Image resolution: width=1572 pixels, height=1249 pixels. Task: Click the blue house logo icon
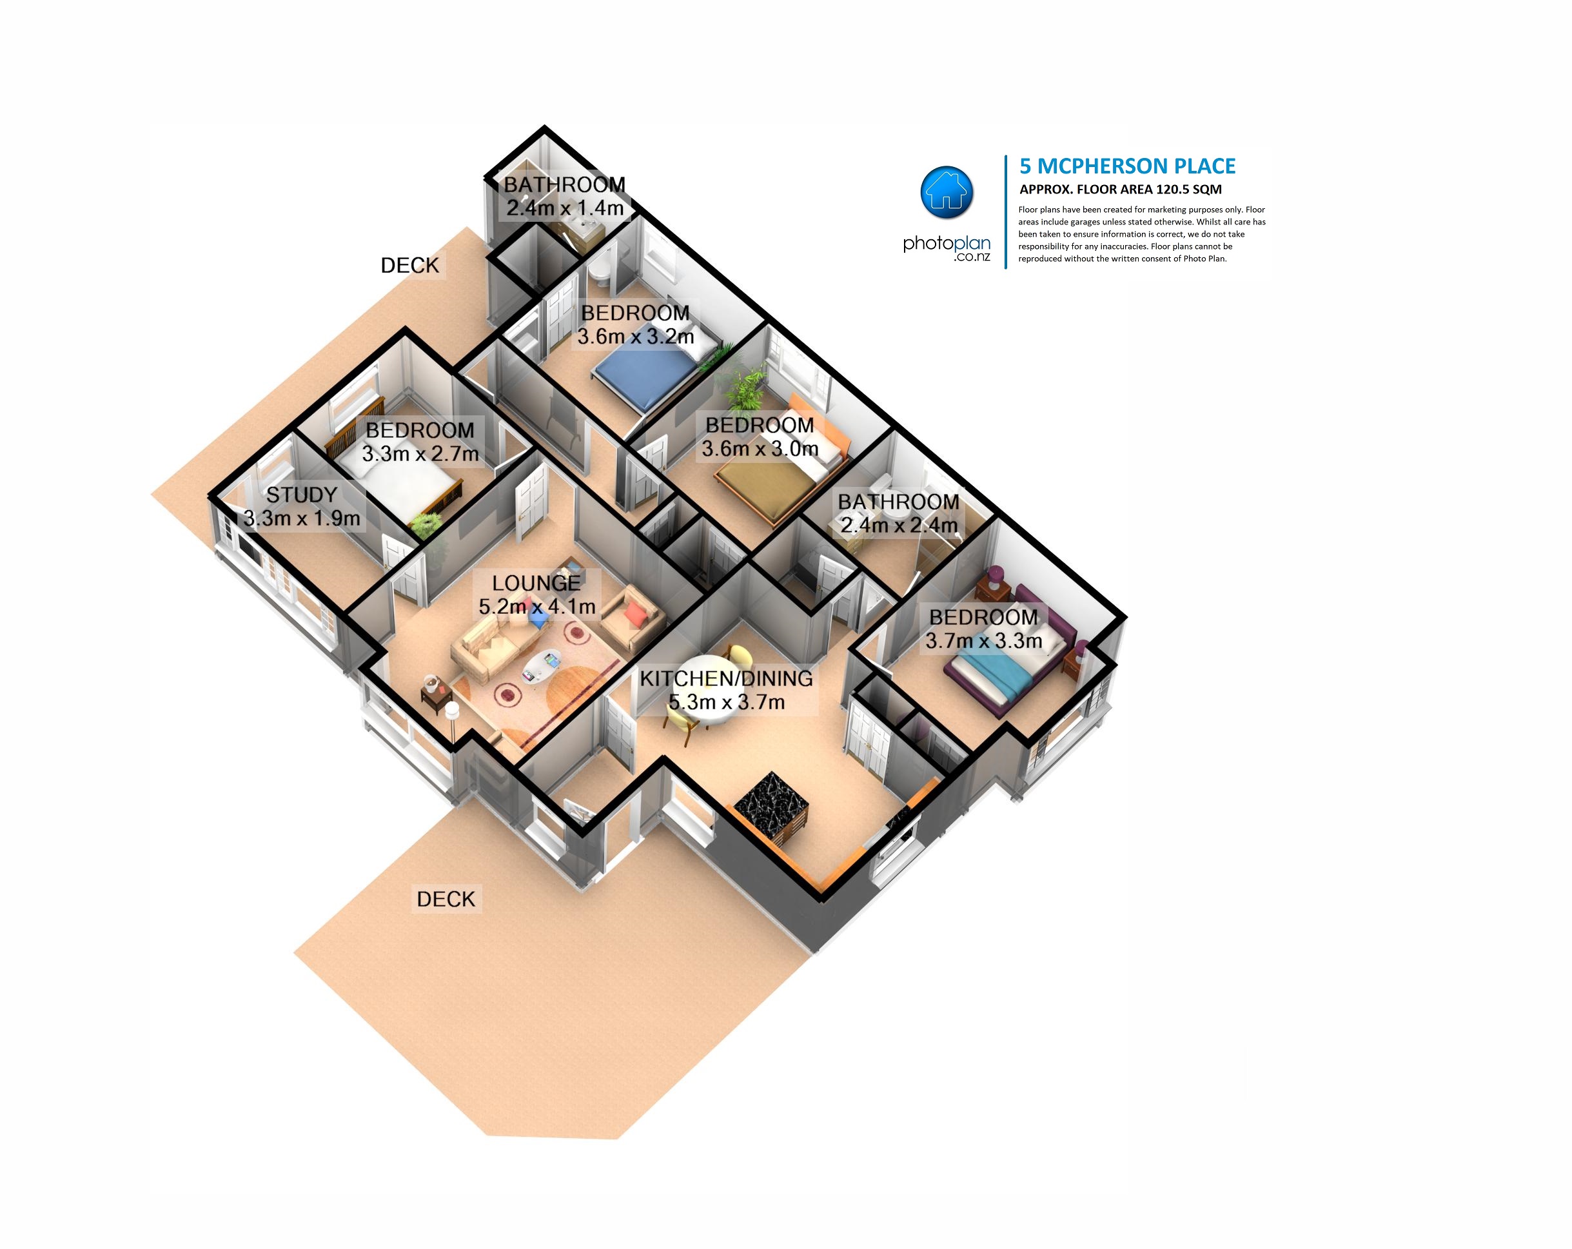tap(947, 192)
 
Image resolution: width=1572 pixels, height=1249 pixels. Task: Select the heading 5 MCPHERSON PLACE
tap(1127, 166)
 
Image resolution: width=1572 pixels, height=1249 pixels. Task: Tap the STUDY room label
tap(301, 495)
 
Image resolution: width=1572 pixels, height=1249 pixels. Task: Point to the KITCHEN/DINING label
tap(726, 678)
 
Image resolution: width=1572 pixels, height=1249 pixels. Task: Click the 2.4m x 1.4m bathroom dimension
tap(565, 208)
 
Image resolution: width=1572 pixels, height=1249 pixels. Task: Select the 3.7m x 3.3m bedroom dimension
tap(983, 641)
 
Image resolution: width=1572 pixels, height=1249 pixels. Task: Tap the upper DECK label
tap(410, 266)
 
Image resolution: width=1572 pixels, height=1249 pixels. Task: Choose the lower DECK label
tap(446, 899)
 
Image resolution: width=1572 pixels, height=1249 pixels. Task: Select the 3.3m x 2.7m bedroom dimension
tap(420, 454)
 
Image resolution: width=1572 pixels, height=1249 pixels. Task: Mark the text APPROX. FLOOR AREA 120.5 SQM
tap(1121, 190)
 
